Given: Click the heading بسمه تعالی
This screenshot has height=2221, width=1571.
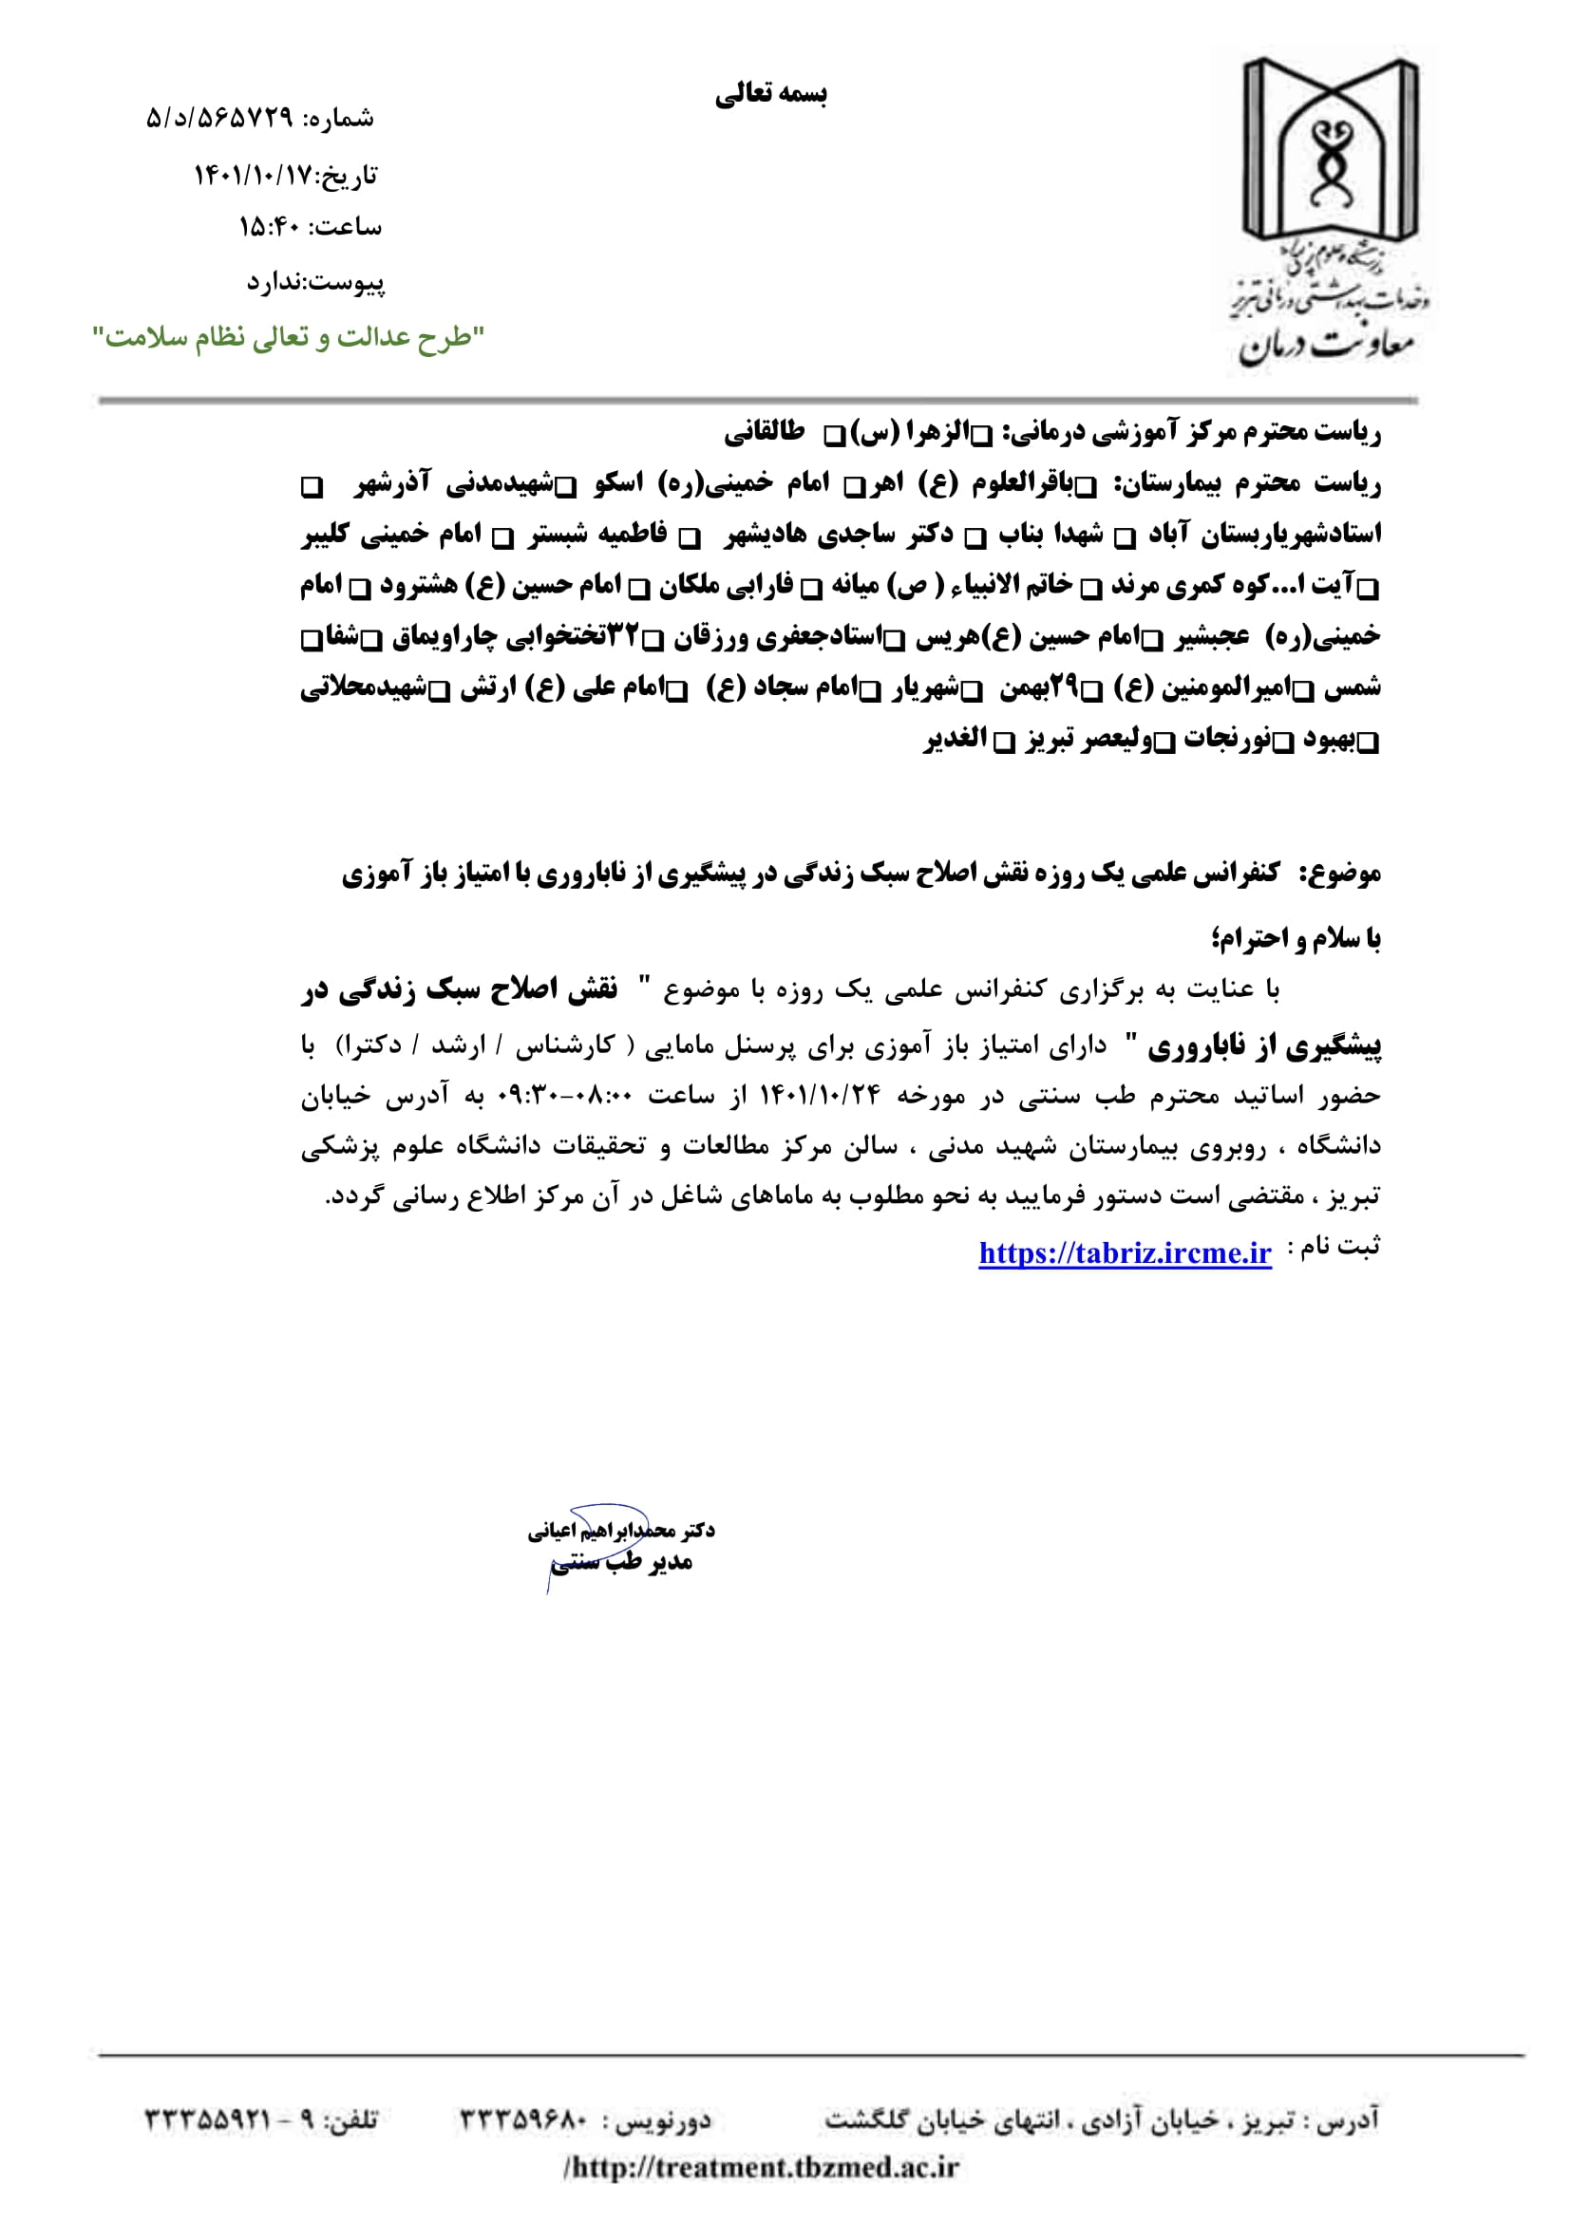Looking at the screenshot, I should [771, 94].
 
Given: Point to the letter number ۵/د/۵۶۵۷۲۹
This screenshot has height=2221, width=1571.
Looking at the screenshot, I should [218, 119].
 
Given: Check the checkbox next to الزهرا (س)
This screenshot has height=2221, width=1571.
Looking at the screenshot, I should [982, 437].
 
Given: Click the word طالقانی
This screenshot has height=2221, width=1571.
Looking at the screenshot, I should [766, 431].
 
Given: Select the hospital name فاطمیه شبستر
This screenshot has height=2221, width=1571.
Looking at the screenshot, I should [597, 534].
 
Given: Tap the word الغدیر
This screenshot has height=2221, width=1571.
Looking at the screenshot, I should [955, 739].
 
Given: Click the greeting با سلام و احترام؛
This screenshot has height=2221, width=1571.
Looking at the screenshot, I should [1297, 937].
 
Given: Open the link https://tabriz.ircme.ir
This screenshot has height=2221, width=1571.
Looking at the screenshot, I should [1124, 1252].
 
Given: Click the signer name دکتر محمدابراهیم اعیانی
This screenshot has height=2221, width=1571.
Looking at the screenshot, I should [621, 1530].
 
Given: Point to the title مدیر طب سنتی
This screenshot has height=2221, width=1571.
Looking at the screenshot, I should [621, 1561].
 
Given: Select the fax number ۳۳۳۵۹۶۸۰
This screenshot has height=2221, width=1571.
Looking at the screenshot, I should [523, 2120].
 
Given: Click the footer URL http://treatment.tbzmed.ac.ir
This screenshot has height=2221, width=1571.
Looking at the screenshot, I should [762, 2167].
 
